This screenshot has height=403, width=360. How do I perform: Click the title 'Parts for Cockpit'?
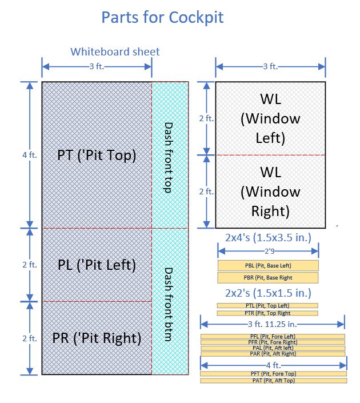(x=162, y=17)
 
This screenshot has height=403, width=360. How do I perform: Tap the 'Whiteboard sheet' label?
(x=115, y=52)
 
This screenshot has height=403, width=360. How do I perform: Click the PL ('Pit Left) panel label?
(x=97, y=265)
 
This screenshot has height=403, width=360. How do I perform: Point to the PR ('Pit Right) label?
(x=97, y=338)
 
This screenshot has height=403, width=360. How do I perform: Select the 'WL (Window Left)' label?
(x=270, y=118)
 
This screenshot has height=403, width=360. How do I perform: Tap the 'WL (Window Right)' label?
(x=270, y=191)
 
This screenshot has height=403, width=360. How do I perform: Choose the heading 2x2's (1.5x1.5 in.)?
(x=268, y=293)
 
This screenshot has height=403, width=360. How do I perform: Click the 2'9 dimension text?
(x=268, y=250)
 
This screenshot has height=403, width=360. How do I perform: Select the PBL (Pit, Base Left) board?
(x=268, y=266)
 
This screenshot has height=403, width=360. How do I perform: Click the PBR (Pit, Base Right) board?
(x=268, y=278)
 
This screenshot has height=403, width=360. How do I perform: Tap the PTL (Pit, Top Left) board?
(x=267, y=306)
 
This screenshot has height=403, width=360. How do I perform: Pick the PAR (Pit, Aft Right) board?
(x=272, y=354)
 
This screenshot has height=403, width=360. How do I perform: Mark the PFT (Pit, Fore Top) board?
(x=273, y=373)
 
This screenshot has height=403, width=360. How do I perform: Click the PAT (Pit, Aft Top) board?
(x=273, y=380)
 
